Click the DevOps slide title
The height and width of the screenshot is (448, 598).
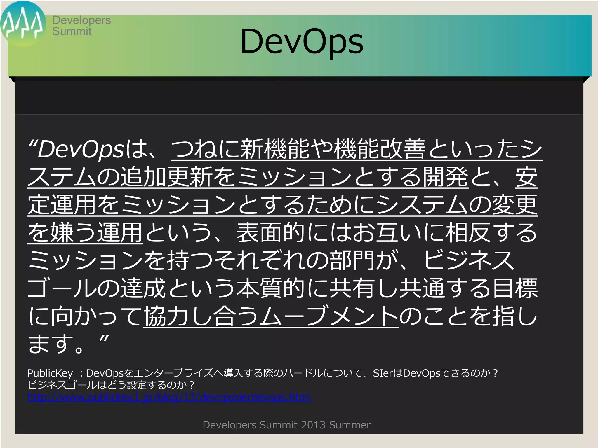tap(302, 42)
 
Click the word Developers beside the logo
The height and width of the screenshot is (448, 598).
tap(81, 20)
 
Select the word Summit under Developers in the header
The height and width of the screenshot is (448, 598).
tap(72, 32)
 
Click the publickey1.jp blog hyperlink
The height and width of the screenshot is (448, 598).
tap(169, 397)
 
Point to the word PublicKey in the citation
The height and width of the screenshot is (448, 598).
tap(50, 373)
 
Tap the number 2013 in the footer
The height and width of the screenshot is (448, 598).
tap(313, 425)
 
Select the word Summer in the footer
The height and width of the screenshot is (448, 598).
tap(350, 425)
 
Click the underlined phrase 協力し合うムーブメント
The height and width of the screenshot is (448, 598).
tap(271, 316)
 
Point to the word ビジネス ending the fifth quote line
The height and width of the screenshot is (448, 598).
tap(469, 260)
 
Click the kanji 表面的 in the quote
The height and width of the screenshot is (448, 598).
tap(271, 232)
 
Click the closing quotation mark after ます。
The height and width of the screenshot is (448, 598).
tap(104, 339)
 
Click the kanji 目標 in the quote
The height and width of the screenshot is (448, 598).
tap(515, 288)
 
